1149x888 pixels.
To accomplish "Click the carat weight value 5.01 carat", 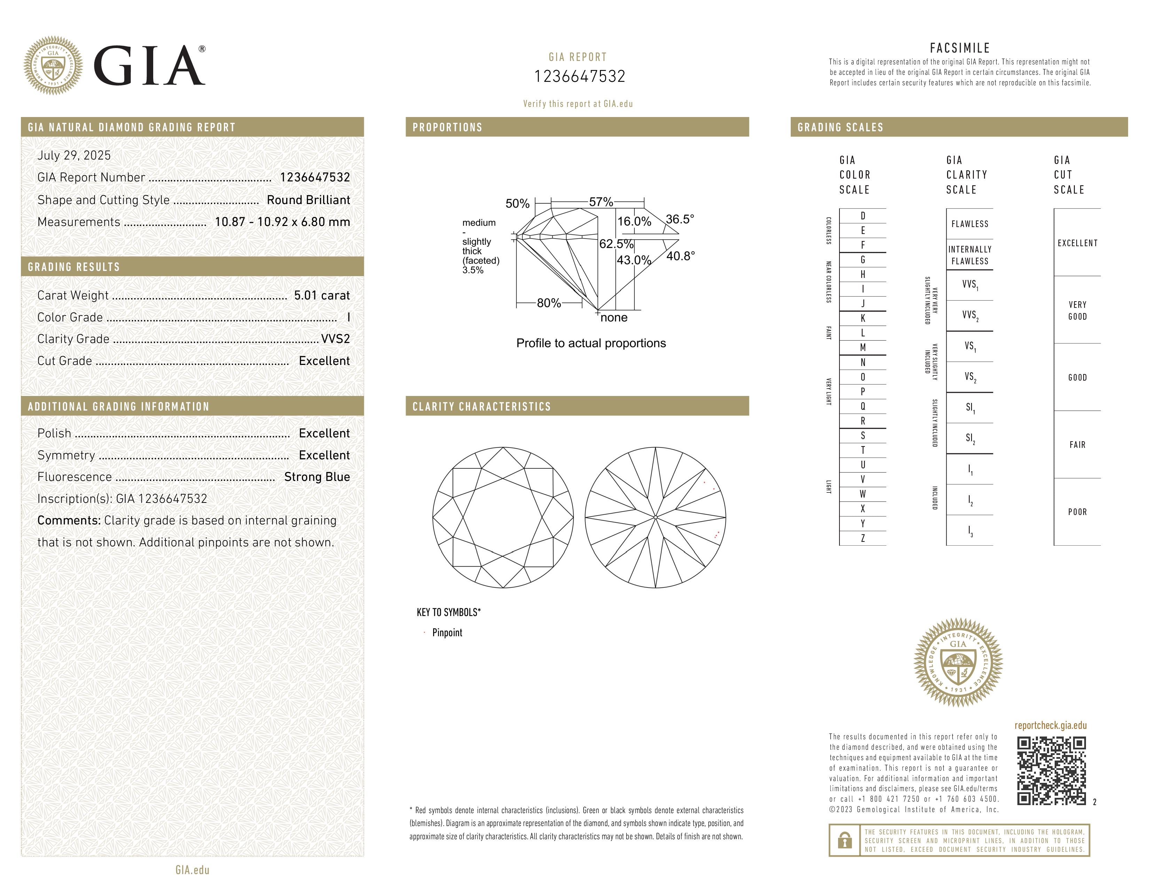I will [321, 296].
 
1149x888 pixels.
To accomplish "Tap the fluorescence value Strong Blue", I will [317, 477].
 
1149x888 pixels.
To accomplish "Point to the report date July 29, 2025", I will [74, 156].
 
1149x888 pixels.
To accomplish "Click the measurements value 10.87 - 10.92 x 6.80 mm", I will [282, 222].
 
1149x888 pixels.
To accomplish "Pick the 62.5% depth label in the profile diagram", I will [616, 244].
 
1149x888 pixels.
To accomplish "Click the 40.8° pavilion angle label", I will [680, 256].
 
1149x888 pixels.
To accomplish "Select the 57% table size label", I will [601, 202].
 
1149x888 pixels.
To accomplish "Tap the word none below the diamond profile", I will [614, 318].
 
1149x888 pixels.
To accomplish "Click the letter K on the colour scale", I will [862, 318].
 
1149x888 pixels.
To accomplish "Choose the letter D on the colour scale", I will [862, 216].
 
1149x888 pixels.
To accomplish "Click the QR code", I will [1051, 770].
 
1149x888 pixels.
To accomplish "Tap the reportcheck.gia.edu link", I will [1050, 725].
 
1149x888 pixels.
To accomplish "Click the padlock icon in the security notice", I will [844, 840].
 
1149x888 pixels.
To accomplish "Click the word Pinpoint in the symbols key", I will [447, 633].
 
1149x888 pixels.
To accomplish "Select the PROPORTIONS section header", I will [447, 127].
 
